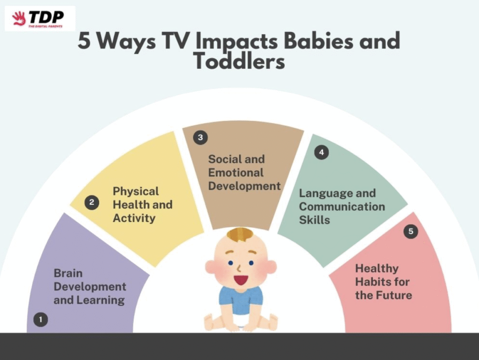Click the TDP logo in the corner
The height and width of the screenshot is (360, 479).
tap(40, 19)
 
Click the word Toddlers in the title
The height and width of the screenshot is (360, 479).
tap(239, 62)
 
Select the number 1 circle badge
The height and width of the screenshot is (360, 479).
tap(41, 319)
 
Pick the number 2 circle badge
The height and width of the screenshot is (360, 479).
tap(92, 202)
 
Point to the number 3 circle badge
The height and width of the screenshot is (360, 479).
tap(200, 137)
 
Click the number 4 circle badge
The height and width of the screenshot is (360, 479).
tap(321, 152)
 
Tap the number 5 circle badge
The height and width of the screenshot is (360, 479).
tap(411, 231)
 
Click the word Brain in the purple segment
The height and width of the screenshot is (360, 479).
tap(68, 273)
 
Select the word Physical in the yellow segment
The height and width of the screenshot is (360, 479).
tap(136, 192)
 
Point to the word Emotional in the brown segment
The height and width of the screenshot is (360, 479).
tap(236, 173)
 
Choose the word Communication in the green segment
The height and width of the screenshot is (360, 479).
tap(342, 206)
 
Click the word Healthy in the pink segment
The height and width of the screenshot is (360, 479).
tap(377, 269)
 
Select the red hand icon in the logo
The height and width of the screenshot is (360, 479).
tap(19, 19)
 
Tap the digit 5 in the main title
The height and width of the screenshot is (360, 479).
tap(84, 41)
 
